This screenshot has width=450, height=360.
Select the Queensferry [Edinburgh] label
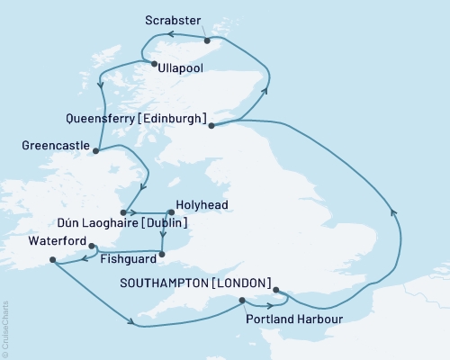(138, 118)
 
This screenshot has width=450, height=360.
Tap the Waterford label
(58, 242)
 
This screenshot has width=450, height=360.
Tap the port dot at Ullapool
(155, 64)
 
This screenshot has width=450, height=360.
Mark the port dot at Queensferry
(211, 126)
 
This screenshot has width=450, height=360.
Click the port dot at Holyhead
(170, 212)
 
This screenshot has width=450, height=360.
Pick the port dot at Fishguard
(162, 255)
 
